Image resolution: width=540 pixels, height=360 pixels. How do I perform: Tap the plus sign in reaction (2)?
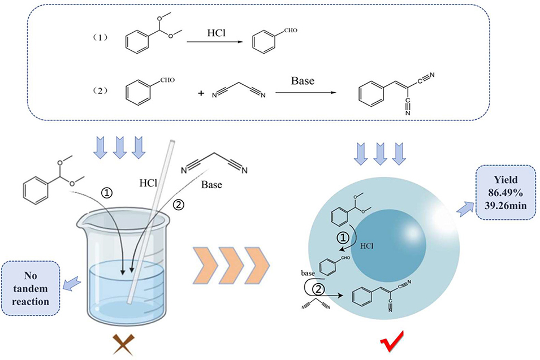pyautogui.click(x=201, y=93)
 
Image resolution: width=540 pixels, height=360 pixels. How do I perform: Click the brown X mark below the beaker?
pyautogui.click(x=123, y=344)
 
